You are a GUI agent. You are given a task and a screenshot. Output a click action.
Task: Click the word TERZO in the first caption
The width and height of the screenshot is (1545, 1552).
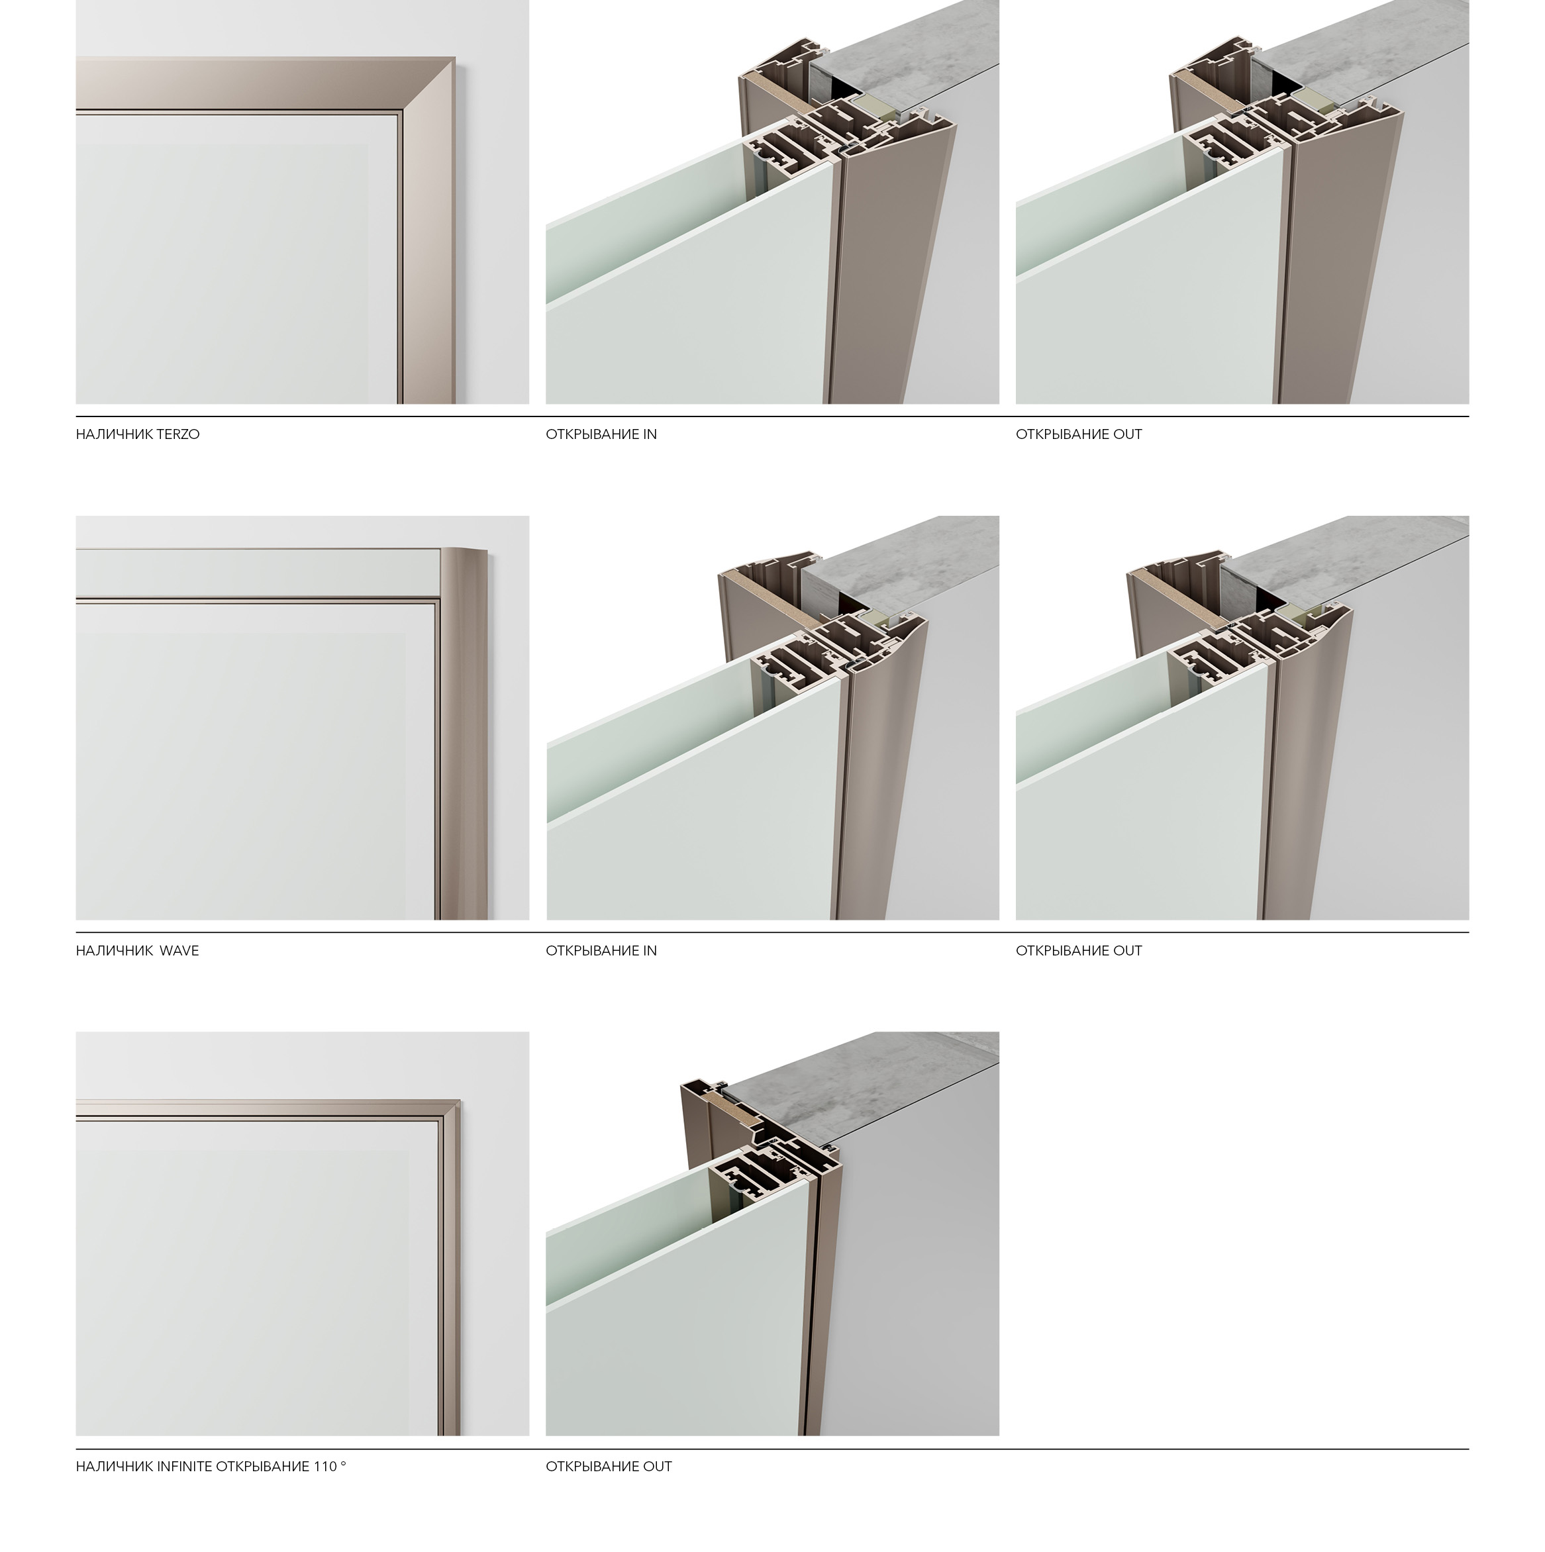[x=178, y=434]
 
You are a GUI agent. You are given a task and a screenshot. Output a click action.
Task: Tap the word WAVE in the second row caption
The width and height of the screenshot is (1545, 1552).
[x=179, y=951]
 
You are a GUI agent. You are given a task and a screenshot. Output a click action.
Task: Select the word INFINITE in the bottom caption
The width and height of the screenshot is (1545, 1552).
[x=185, y=1467]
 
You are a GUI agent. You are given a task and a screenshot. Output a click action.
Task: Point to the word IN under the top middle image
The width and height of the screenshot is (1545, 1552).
[x=649, y=434]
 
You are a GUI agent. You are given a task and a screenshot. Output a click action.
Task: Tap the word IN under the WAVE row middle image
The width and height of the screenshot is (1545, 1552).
[x=649, y=951]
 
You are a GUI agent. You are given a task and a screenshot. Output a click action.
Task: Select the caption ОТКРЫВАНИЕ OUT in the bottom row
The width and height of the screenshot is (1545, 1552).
[x=609, y=1467]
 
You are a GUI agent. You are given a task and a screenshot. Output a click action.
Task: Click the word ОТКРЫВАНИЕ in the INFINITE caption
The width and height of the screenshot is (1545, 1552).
[x=262, y=1467]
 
